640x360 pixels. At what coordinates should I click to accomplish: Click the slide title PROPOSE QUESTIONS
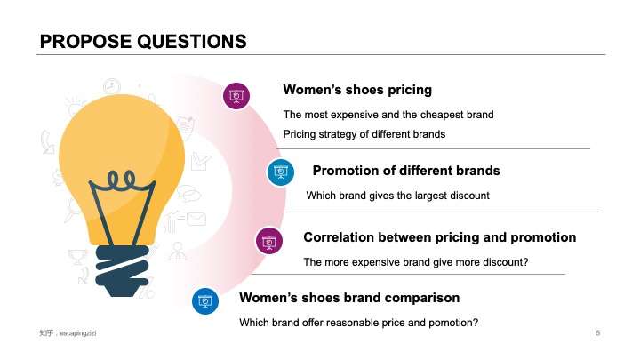point(143,41)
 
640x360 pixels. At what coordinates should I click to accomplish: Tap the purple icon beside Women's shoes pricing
point(235,96)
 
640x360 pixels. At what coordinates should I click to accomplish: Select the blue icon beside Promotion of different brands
point(281,172)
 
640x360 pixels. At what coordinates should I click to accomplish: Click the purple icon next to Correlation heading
point(269,240)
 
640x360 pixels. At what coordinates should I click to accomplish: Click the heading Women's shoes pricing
point(357,90)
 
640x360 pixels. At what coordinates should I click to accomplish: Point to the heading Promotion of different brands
point(406,171)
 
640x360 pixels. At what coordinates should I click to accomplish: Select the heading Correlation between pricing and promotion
point(439,238)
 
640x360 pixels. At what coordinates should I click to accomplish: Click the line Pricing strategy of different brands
point(364,134)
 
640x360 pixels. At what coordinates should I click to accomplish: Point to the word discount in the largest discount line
point(468,195)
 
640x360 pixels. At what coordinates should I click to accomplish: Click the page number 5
point(598,333)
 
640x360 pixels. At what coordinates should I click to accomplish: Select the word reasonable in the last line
point(346,323)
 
